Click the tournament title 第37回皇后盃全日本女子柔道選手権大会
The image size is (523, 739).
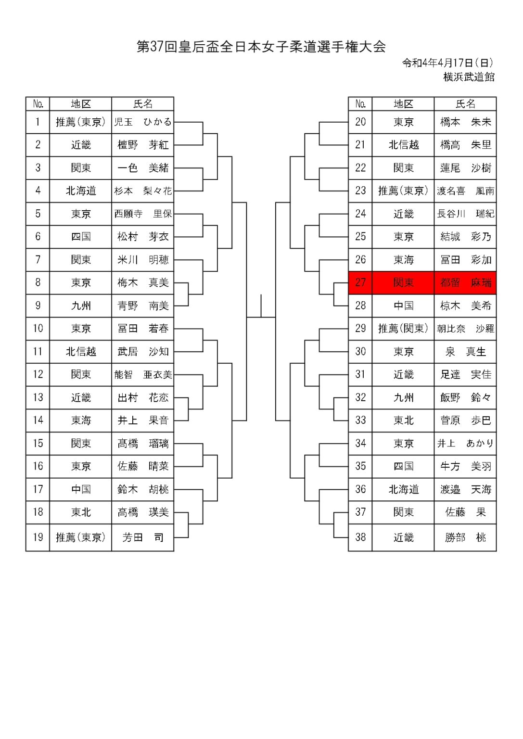point(261,47)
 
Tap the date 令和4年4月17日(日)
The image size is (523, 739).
point(447,63)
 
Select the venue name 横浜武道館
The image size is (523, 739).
point(469,77)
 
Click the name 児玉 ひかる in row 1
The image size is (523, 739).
point(142,122)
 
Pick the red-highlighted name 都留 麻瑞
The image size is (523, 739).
point(465,283)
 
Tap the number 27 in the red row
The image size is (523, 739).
point(360,283)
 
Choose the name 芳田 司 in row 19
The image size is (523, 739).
point(142,537)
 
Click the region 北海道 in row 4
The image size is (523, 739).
point(81,191)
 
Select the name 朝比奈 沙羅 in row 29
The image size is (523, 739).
point(465,329)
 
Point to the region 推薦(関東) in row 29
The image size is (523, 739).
point(403,329)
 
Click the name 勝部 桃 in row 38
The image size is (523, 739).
point(465,537)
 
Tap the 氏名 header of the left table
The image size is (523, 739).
point(142,104)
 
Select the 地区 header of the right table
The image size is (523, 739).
point(403,104)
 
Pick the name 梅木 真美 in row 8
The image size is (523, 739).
point(142,283)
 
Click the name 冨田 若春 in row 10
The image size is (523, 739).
point(142,329)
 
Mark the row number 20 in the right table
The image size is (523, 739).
point(360,122)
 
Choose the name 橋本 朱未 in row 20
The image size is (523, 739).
point(465,122)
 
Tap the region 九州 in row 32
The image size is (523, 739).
point(403,397)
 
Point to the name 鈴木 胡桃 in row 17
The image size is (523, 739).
point(142,489)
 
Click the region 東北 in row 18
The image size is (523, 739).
point(81,512)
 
